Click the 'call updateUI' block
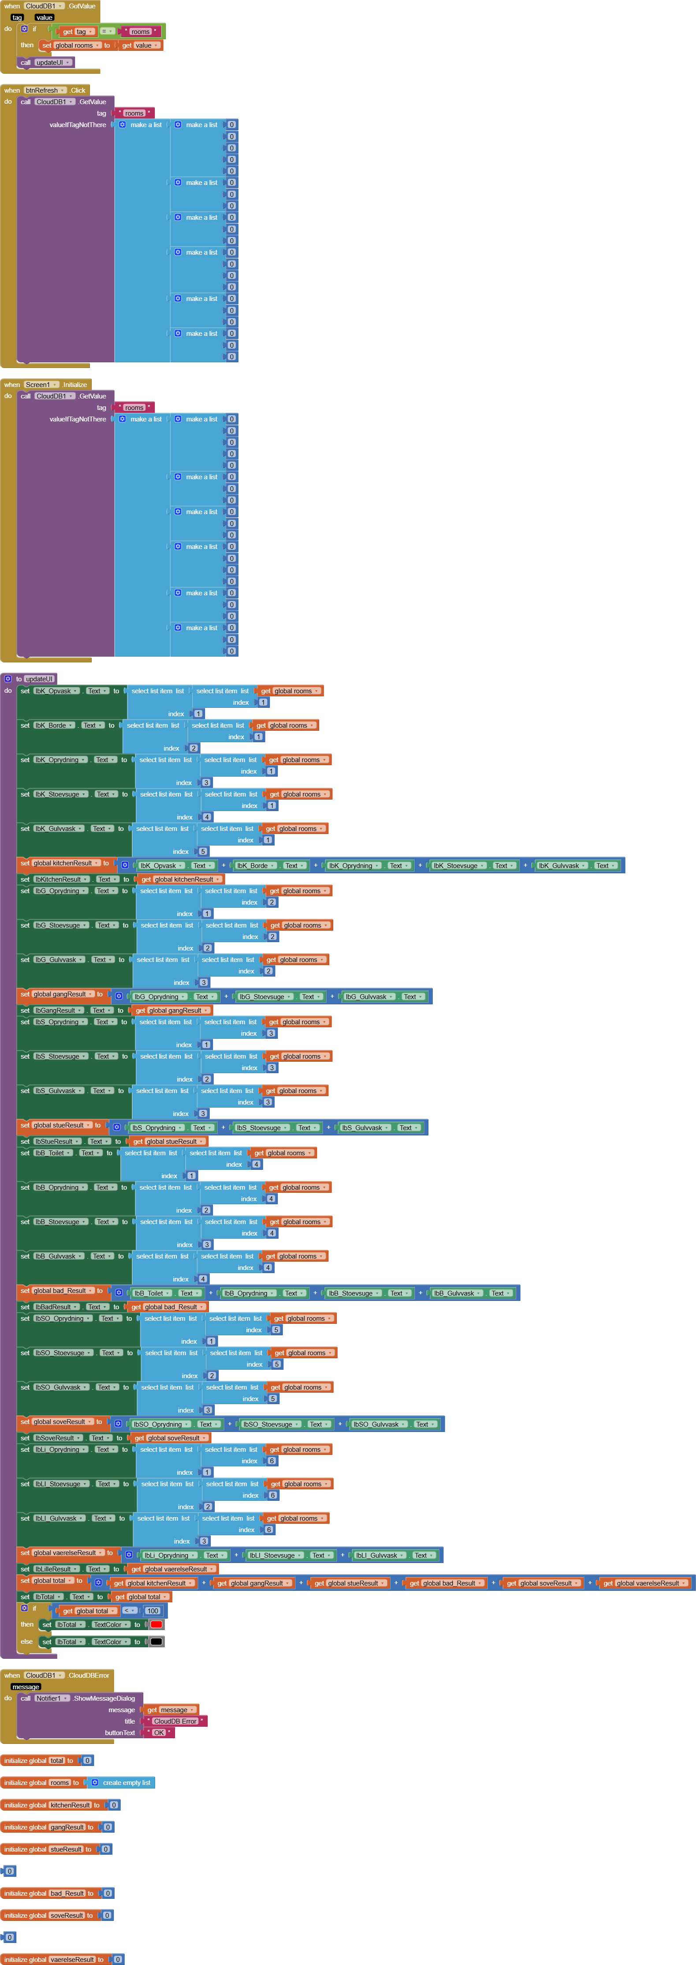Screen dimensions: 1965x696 tap(46, 63)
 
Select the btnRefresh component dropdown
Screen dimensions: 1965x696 tap(44, 90)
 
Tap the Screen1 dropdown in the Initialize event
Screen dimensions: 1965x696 tap(41, 384)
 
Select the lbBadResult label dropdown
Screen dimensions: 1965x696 tap(56, 1307)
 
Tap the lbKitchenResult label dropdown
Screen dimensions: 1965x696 tap(61, 879)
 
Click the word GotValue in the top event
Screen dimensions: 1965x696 tap(82, 6)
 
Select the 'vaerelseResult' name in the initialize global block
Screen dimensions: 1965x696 tap(72, 1959)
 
